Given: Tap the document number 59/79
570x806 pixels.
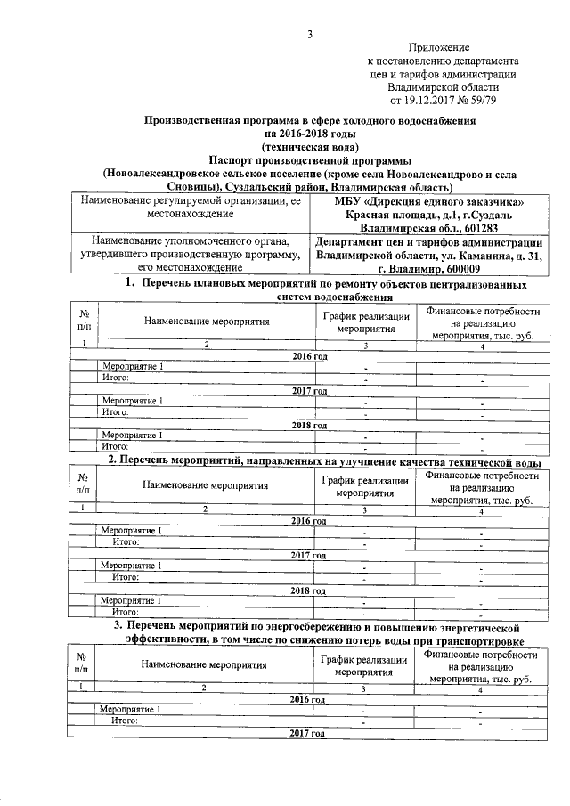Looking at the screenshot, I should click(x=482, y=102).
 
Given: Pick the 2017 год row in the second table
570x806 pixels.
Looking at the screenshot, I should click(x=308, y=555).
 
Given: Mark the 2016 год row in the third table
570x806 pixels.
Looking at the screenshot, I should click(x=308, y=699).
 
